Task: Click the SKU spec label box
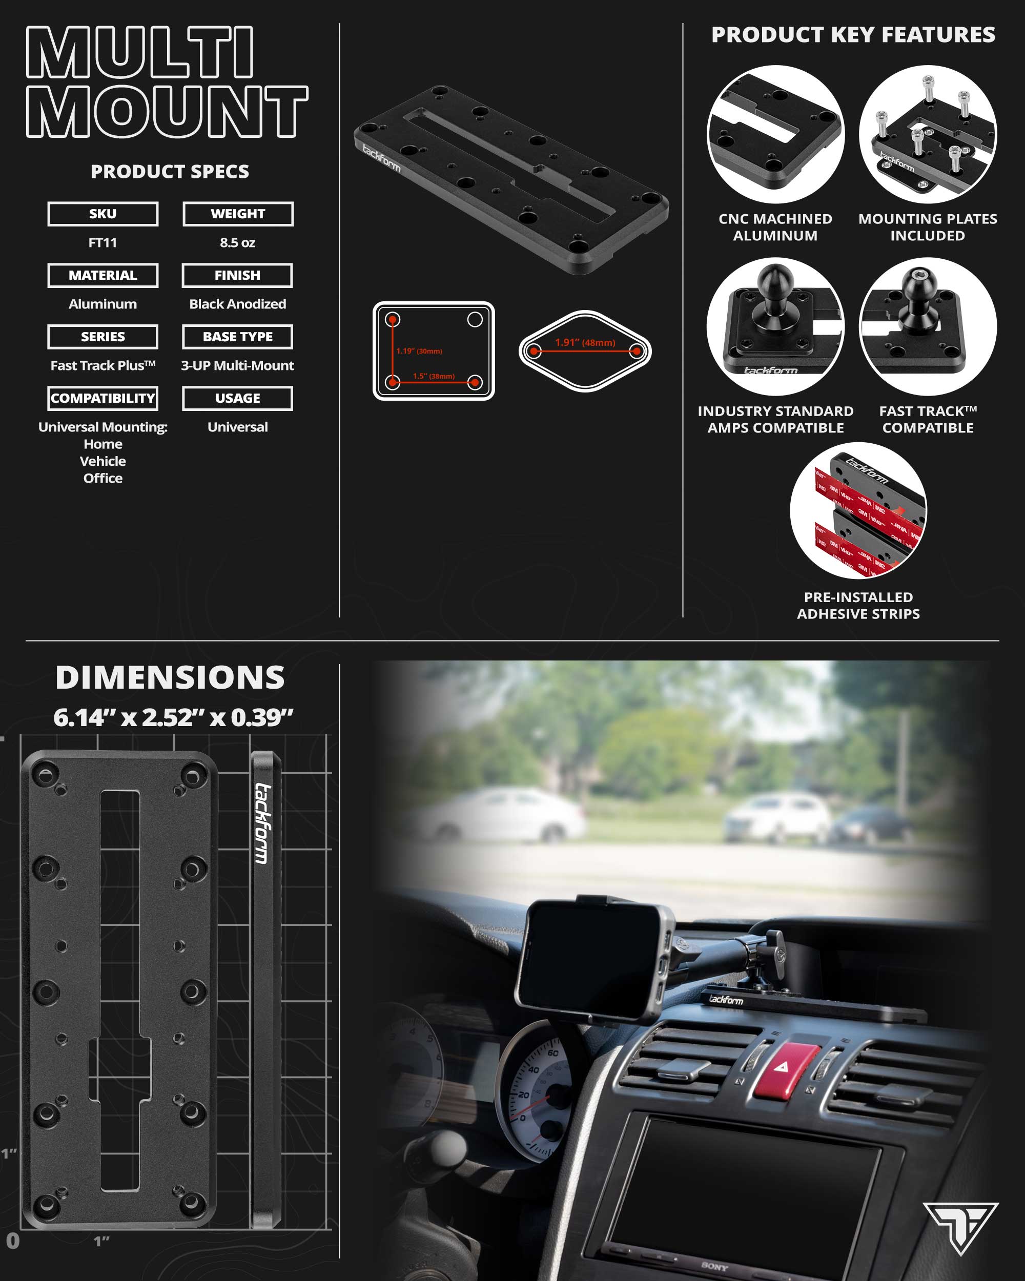pyautogui.click(x=103, y=214)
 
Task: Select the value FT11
pyautogui.click(x=103, y=242)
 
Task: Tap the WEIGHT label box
pyautogui.click(x=238, y=214)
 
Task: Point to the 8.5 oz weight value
pyautogui.click(x=238, y=242)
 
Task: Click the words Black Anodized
pyautogui.click(x=238, y=304)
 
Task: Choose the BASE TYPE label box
pyautogui.click(x=238, y=337)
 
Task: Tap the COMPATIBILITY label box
pyautogui.click(x=103, y=398)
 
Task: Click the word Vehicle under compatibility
pyautogui.click(x=103, y=461)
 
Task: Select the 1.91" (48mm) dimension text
pyautogui.click(x=585, y=342)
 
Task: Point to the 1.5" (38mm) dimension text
pyautogui.click(x=434, y=376)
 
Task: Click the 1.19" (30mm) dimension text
pyautogui.click(x=420, y=351)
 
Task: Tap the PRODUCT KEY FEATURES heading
pyautogui.click(x=853, y=34)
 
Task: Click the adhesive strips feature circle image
pyautogui.click(x=858, y=510)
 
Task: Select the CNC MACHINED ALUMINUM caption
pyautogui.click(x=775, y=227)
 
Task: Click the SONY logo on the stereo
pyautogui.click(x=714, y=1266)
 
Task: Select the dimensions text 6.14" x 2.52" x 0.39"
pyautogui.click(x=173, y=717)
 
